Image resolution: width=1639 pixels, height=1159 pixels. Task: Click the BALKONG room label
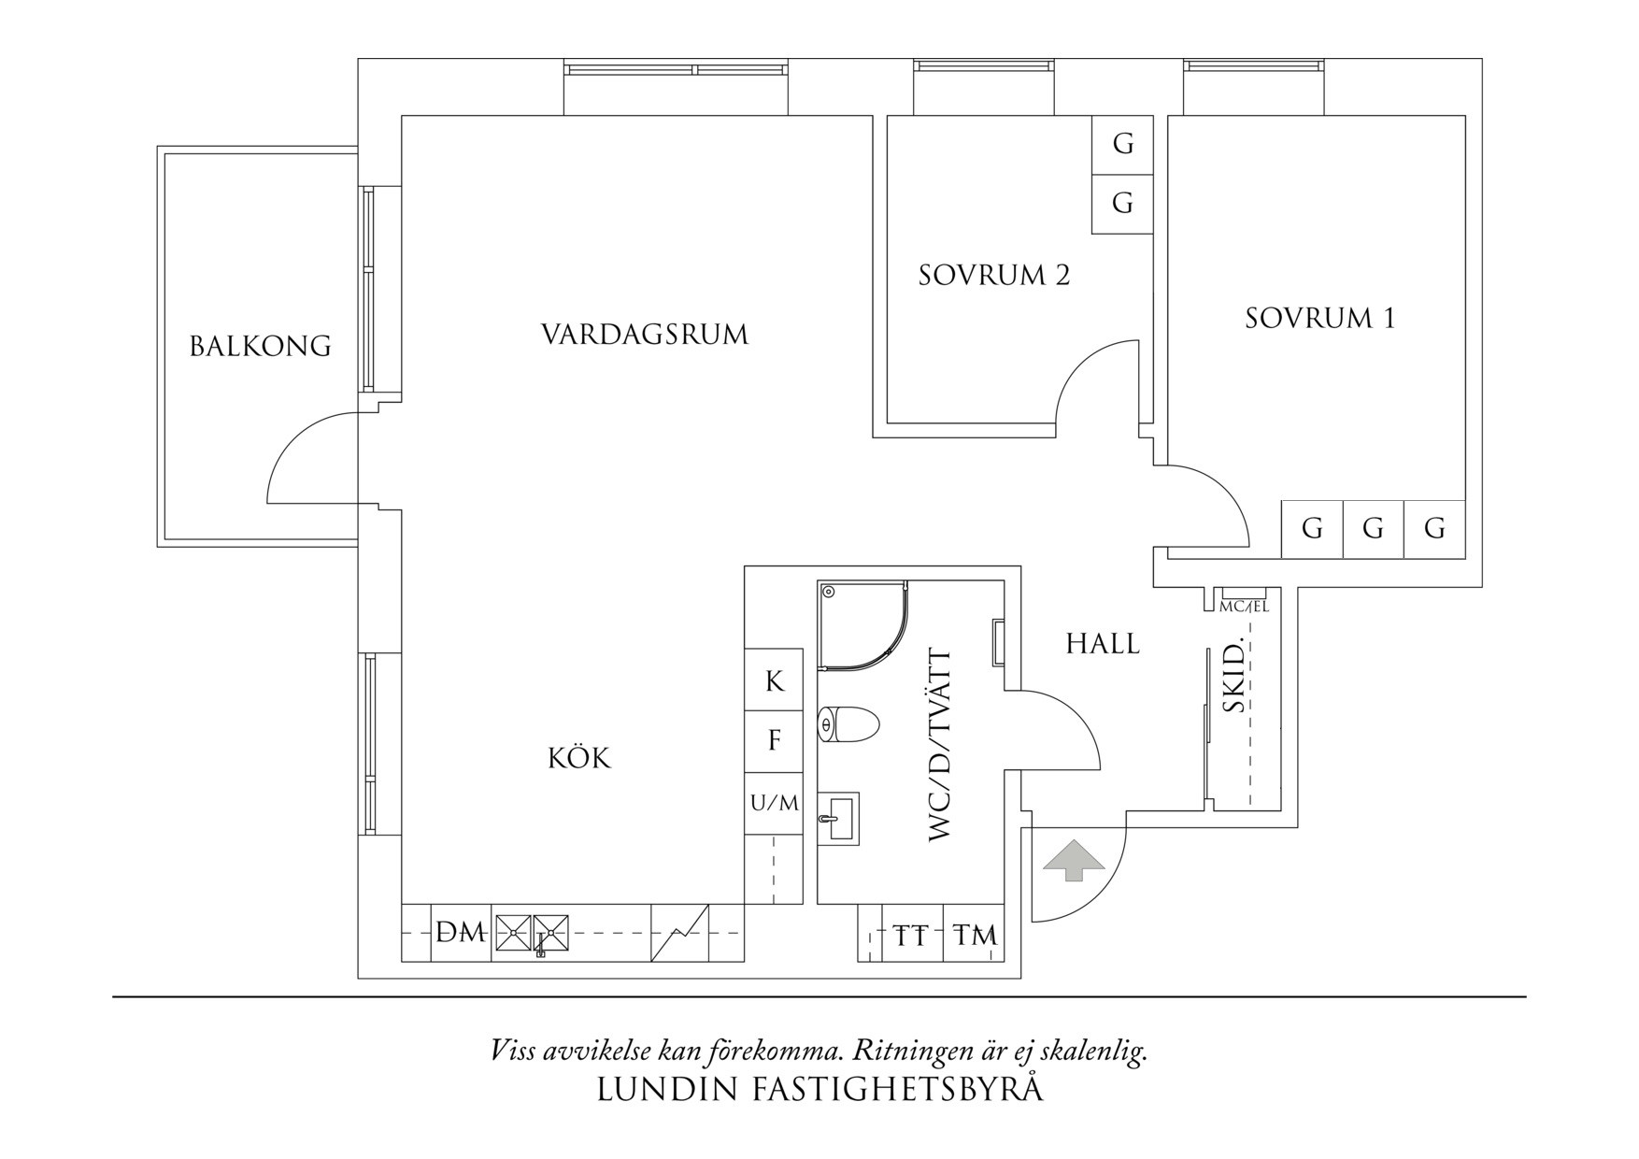260,347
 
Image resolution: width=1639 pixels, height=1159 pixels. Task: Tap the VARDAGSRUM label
645,335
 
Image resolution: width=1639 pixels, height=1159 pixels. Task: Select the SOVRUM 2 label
993,276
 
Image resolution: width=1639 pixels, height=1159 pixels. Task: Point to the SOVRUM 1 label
1319,319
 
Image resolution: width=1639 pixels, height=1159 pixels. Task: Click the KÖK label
578,757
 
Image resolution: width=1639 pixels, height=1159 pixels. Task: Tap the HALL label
1103,644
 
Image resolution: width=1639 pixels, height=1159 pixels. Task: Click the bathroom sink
838,819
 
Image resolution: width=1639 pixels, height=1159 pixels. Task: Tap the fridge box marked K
774,681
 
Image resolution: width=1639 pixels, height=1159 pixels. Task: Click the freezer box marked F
774,741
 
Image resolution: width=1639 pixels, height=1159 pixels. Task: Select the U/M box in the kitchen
775,802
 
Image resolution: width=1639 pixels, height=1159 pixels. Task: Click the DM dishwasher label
462,932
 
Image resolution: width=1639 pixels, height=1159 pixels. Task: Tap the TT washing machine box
911,934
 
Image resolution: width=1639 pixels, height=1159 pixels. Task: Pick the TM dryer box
974,934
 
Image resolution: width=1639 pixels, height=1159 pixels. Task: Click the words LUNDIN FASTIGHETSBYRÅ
819,1090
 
